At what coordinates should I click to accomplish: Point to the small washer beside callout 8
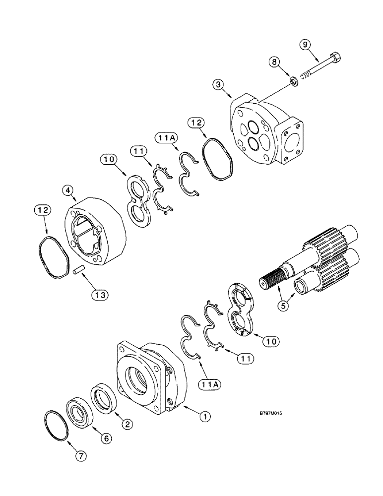click(x=295, y=80)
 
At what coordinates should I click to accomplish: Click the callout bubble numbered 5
click(x=284, y=306)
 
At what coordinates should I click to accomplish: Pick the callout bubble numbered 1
click(x=203, y=417)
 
